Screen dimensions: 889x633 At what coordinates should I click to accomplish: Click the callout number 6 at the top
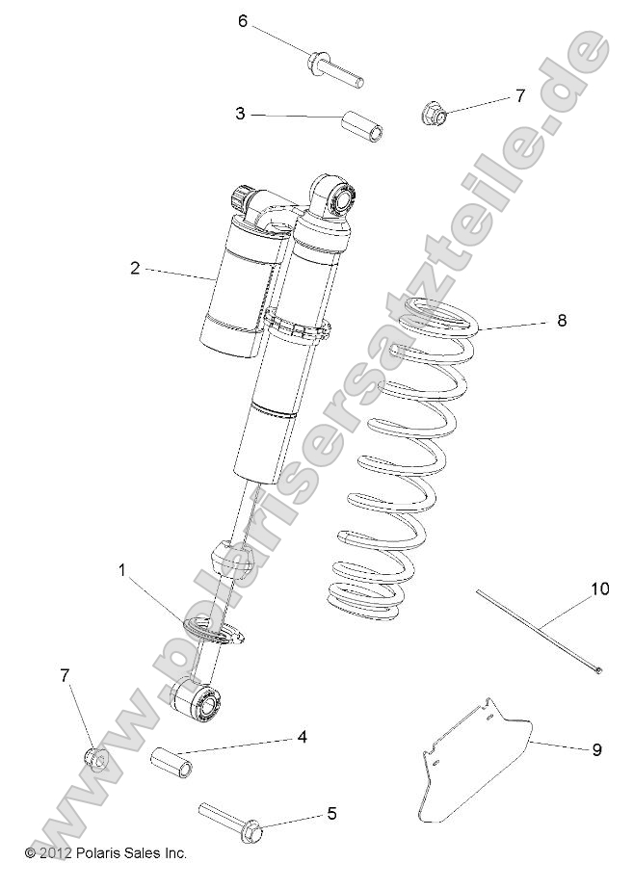tap(243, 21)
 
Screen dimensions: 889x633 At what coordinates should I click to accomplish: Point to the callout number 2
tap(135, 268)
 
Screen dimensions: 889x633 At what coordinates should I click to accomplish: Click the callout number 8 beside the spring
tap(561, 321)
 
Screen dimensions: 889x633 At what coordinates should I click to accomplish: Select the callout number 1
tap(122, 570)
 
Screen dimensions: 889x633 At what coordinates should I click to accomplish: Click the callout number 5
tap(331, 814)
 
